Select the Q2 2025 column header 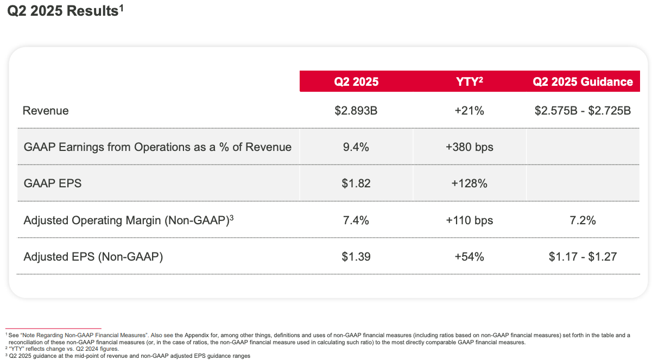click(356, 81)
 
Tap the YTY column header click(469, 81)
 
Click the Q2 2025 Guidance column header click(583, 81)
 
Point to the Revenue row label click(46, 111)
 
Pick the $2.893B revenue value click(356, 111)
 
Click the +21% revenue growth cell click(469, 111)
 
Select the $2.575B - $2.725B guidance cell click(583, 111)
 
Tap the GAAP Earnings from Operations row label click(157, 147)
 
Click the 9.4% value click(356, 147)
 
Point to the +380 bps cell click(469, 147)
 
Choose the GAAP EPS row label click(53, 184)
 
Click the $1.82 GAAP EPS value click(356, 184)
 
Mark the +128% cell click(469, 184)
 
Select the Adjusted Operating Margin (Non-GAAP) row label click(128, 220)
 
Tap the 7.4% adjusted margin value click(356, 220)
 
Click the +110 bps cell click(469, 220)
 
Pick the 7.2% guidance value click(583, 220)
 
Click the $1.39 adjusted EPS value click(356, 256)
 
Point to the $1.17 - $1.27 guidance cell click(583, 256)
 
